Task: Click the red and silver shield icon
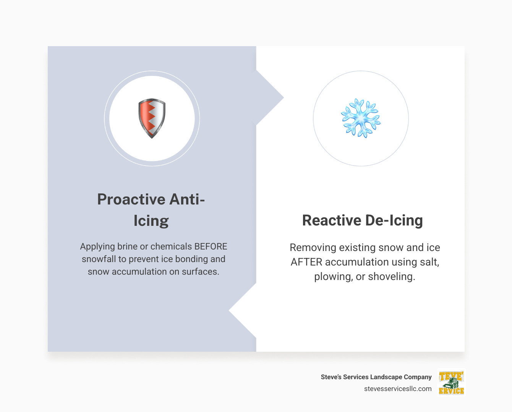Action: point(152,118)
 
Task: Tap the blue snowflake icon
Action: point(361,118)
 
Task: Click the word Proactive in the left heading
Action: point(131,200)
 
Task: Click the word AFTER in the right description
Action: point(306,262)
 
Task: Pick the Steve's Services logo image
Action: point(451,383)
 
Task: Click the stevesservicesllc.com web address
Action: point(398,389)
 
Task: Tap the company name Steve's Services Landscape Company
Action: point(376,377)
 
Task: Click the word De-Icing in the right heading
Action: point(394,220)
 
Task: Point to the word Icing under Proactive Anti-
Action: point(151,221)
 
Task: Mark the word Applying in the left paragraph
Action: point(97,246)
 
